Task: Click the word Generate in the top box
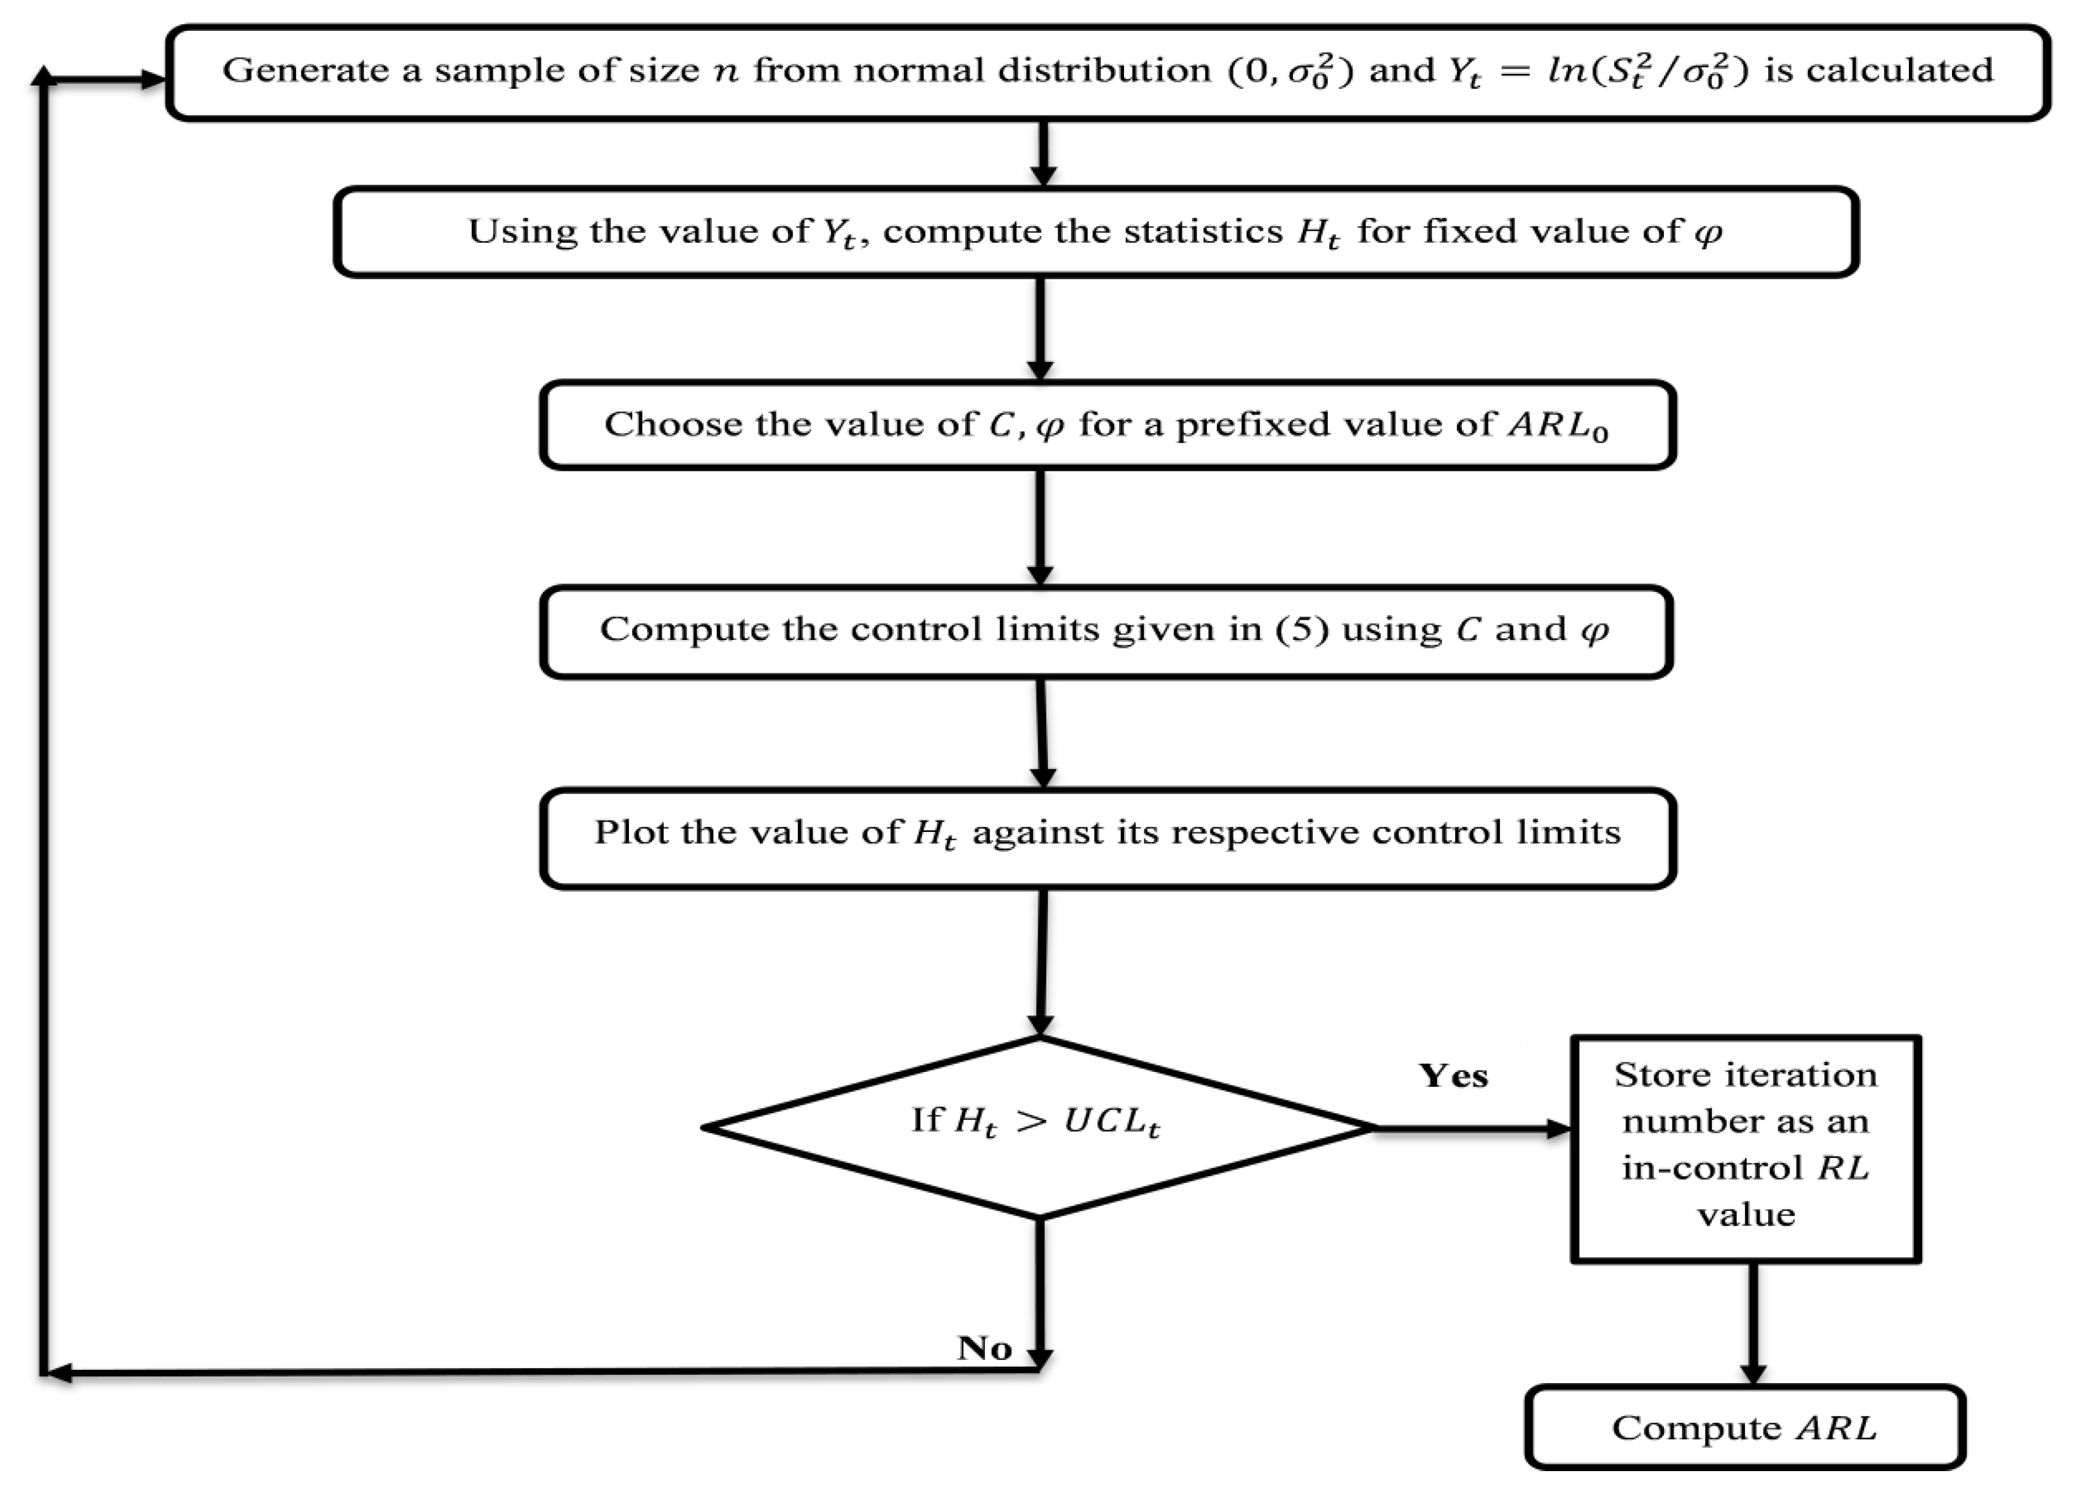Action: click(x=305, y=72)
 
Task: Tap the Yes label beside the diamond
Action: click(x=1453, y=1076)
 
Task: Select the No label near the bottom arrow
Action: click(x=984, y=1349)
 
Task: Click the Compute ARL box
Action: click(x=1744, y=1427)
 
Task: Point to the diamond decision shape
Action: click(x=1038, y=1127)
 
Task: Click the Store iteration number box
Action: click(x=1745, y=1148)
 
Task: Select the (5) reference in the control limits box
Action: click(x=1301, y=630)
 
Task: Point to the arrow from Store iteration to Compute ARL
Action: click(x=1752, y=1322)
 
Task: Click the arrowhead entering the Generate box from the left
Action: click(x=152, y=81)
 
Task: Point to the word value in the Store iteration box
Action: click(x=1745, y=1215)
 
